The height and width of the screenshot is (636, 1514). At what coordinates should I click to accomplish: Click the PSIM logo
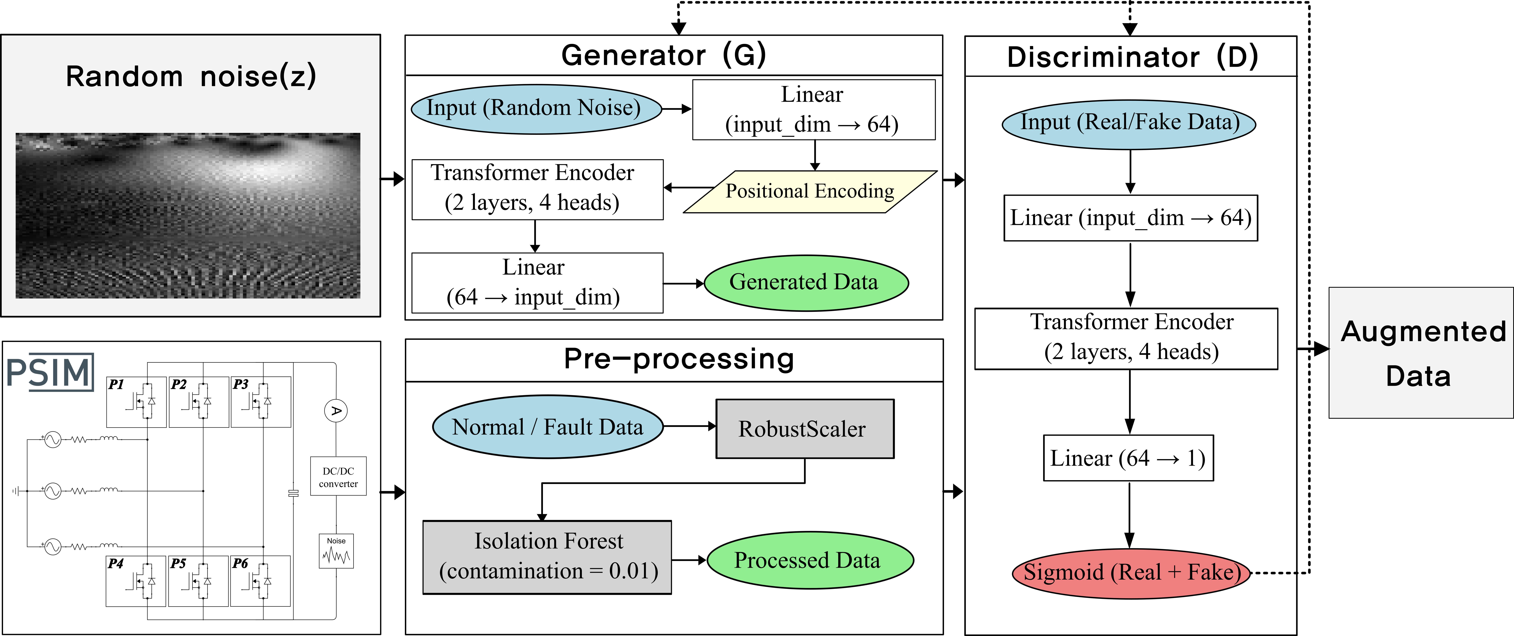point(50,372)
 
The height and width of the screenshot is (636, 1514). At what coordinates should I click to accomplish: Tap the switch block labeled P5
point(198,581)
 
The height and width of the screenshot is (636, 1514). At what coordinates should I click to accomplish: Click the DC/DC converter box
point(339,476)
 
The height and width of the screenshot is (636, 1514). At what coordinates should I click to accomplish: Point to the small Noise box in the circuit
point(336,551)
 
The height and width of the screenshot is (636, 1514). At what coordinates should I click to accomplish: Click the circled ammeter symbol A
point(336,411)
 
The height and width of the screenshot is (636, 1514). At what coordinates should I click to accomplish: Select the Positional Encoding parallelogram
point(810,192)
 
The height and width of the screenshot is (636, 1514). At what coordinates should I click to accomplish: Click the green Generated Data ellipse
point(806,283)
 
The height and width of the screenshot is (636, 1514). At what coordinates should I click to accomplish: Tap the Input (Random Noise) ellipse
point(536,109)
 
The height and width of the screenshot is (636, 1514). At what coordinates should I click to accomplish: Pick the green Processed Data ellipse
point(810,560)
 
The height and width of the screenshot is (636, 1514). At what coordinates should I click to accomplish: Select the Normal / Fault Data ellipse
point(548,427)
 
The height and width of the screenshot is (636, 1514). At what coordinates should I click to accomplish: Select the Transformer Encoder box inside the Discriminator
point(1126,339)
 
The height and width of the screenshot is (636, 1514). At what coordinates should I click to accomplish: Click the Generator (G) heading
point(664,55)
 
